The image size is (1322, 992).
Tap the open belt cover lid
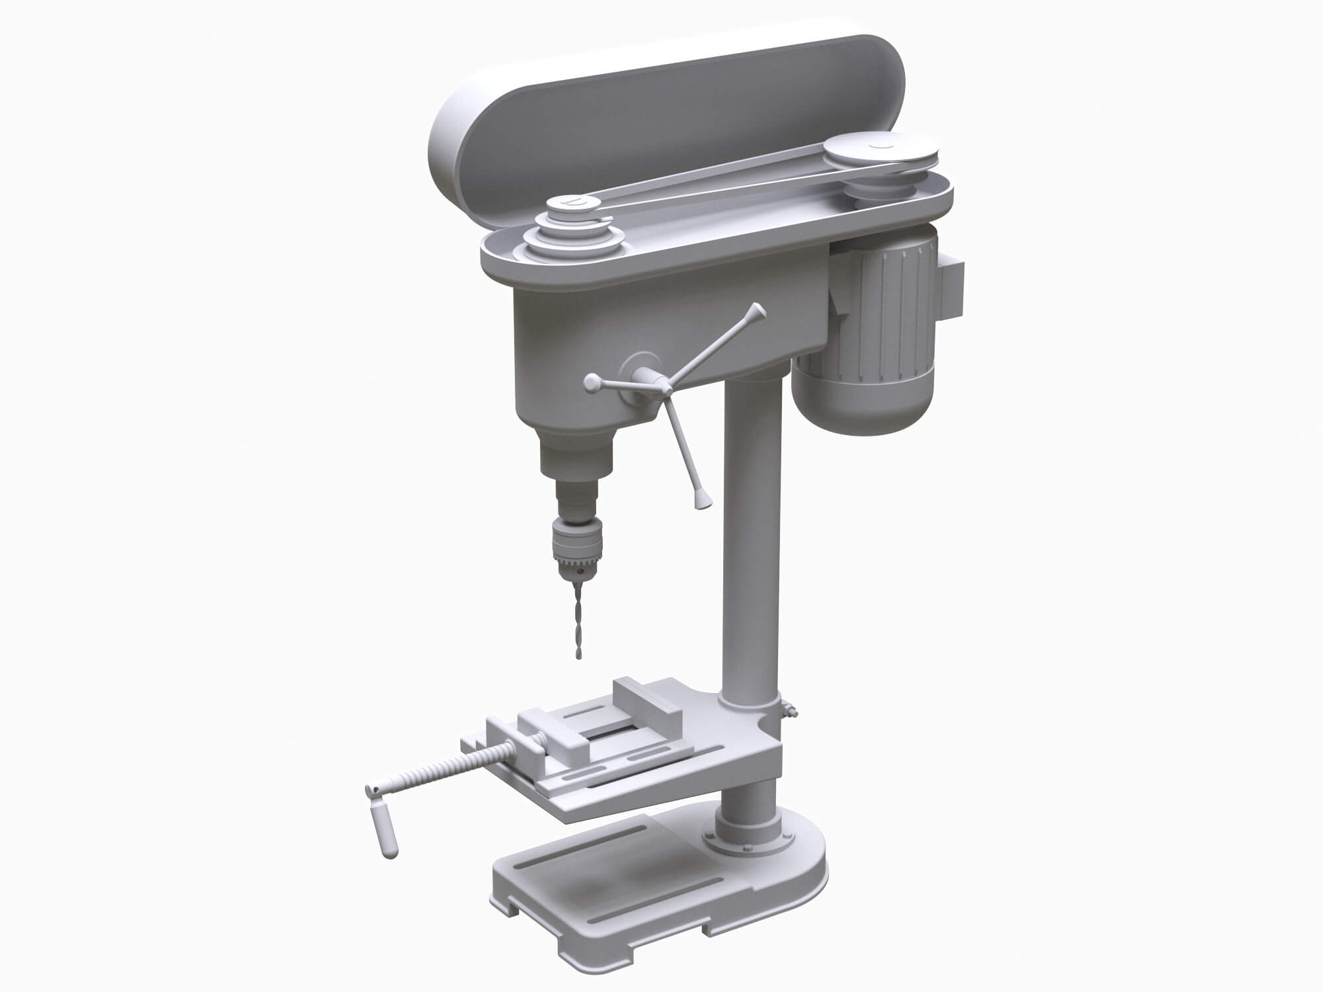[661, 112]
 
